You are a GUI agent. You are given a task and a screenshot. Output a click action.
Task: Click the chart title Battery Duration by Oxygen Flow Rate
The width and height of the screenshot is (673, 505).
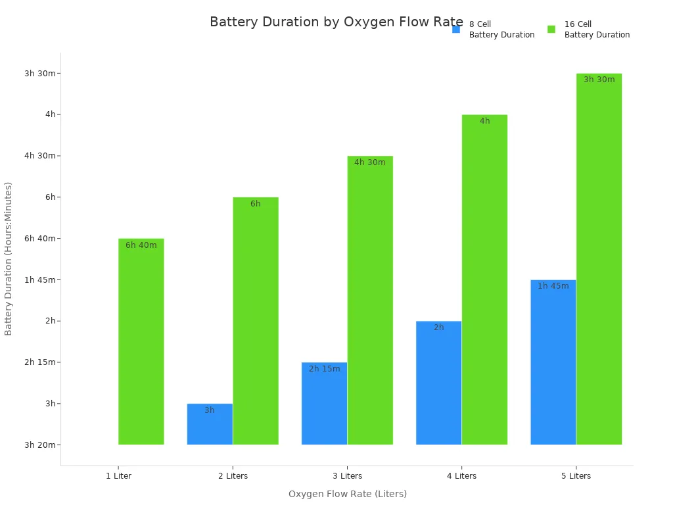pyautogui.click(x=336, y=22)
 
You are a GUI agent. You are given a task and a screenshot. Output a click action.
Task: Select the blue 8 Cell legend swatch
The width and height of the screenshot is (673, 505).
pyautogui.click(x=456, y=30)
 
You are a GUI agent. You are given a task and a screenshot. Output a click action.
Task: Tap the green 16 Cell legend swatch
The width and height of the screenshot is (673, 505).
pyautogui.click(x=551, y=30)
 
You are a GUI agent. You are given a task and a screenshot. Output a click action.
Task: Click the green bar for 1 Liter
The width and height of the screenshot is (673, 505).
pyautogui.click(x=141, y=342)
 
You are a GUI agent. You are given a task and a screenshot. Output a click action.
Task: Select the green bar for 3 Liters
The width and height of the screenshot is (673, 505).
pyautogui.click(x=370, y=301)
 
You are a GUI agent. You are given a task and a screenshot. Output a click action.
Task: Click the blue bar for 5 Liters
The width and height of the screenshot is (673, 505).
pyautogui.click(x=553, y=363)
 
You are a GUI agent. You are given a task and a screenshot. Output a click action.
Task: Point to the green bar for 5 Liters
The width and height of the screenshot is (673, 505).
pyautogui.click(x=599, y=260)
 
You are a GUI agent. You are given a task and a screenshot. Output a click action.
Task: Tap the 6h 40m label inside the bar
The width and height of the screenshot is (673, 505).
pyautogui.click(x=141, y=245)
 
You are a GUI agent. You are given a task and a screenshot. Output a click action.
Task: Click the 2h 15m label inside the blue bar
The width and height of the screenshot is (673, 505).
pyautogui.click(x=325, y=369)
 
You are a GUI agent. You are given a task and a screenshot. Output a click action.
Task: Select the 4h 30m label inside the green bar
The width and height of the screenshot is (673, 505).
pyautogui.click(x=370, y=162)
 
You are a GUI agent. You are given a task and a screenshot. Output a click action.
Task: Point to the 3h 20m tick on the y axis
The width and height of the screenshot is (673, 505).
pyautogui.click(x=41, y=445)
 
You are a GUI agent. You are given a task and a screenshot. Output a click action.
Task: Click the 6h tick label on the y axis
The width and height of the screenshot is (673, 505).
pyautogui.click(x=50, y=197)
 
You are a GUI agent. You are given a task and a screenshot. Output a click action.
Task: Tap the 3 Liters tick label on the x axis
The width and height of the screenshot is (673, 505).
pyautogui.click(x=347, y=476)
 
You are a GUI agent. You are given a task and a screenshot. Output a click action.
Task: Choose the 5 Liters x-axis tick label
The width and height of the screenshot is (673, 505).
pyautogui.click(x=576, y=476)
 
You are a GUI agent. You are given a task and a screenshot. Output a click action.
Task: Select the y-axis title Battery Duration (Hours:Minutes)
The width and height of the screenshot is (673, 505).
pyautogui.click(x=9, y=258)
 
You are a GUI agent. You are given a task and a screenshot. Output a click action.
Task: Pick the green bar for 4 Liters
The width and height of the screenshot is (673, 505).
pyautogui.click(x=484, y=279)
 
